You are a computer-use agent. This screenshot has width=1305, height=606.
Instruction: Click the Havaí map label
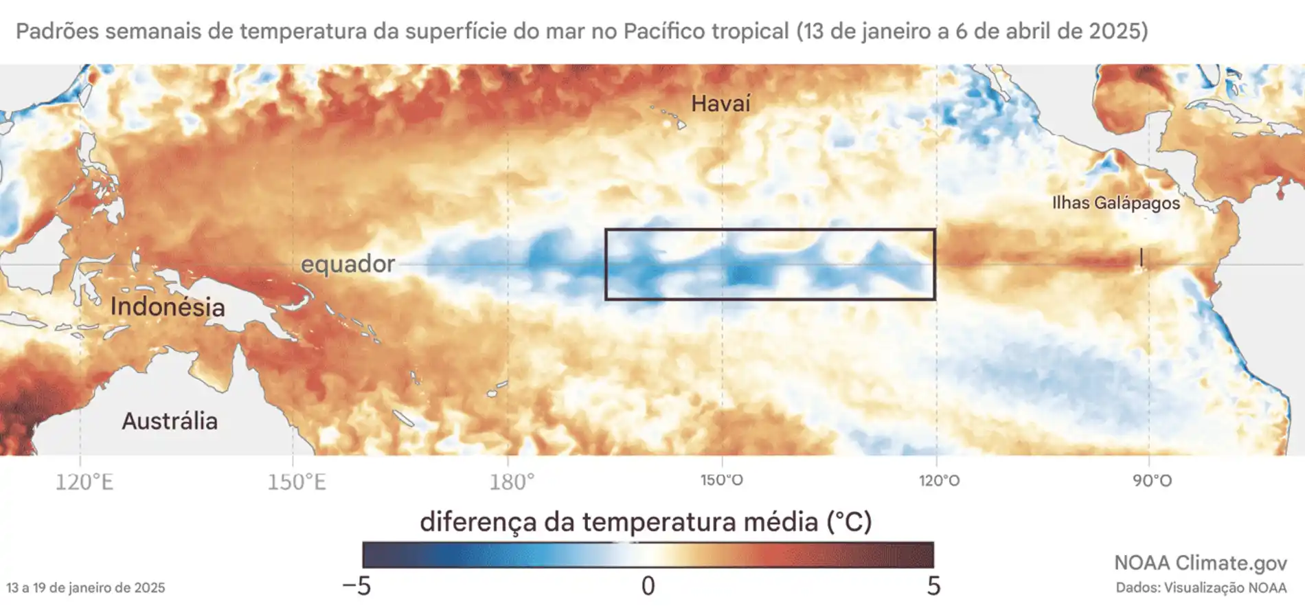coord(720,104)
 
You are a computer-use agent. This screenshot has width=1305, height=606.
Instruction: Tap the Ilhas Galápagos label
coord(1115,203)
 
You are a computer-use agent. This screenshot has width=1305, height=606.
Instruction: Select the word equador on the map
coord(348,263)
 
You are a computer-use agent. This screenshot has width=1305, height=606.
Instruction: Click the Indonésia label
coord(168,306)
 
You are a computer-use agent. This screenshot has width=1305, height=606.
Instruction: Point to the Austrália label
coord(170,420)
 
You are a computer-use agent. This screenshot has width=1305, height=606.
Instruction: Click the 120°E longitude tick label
coord(84,482)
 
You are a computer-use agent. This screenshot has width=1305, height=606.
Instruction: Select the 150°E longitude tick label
coord(296,482)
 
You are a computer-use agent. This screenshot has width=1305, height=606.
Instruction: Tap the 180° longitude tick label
coord(511,482)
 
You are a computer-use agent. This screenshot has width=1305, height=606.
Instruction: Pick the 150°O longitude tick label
coord(721,480)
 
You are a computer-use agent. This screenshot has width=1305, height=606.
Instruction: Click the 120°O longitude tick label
coord(939,480)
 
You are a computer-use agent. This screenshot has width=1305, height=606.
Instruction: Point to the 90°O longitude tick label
coord(1152,480)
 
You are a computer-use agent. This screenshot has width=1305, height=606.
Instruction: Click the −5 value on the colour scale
coord(356,586)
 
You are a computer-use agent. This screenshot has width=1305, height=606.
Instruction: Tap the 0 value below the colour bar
coord(648,586)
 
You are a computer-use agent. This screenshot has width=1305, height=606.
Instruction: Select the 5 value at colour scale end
coord(933,586)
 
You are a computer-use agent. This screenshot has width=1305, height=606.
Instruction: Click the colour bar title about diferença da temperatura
coord(646,521)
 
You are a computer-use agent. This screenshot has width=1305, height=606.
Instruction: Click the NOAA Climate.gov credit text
coord(1200,563)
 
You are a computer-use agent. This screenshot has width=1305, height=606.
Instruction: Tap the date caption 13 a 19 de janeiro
coord(86,588)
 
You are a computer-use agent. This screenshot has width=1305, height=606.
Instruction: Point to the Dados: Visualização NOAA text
coord(1201,588)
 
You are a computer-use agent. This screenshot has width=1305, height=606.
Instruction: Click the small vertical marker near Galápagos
coord(1141,257)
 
